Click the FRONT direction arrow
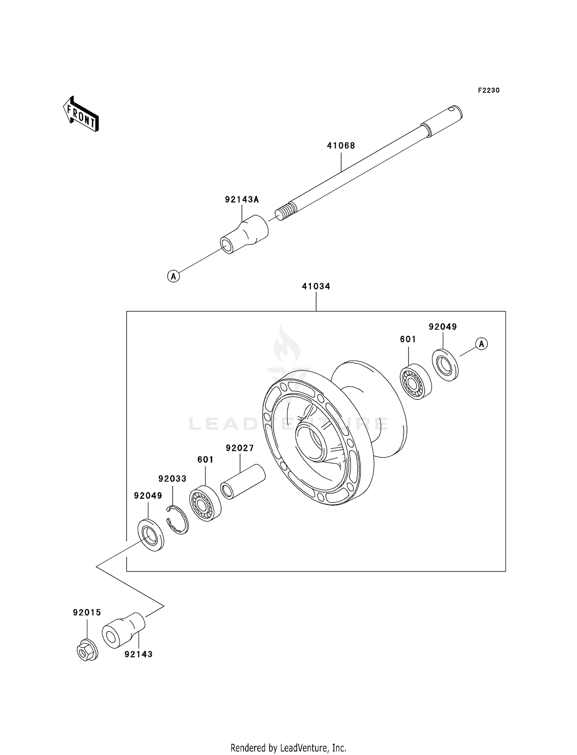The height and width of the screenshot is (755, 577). tap(81, 114)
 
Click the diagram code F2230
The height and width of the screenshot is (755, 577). tap(489, 90)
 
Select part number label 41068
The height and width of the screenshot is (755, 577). tap(341, 145)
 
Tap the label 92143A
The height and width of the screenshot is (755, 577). tap(242, 199)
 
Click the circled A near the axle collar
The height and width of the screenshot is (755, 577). tap(173, 276)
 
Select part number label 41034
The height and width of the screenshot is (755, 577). tap(316, 286)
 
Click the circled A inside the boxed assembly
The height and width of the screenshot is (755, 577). tap(482, 343)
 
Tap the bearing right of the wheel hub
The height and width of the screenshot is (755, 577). tap(415, 381)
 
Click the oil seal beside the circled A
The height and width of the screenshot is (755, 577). tap(445, 364)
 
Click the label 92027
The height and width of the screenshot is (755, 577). tap(240, 448)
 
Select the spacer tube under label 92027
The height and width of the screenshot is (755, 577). tap(243, 482)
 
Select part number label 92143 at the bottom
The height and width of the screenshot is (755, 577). tap(138, 654)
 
